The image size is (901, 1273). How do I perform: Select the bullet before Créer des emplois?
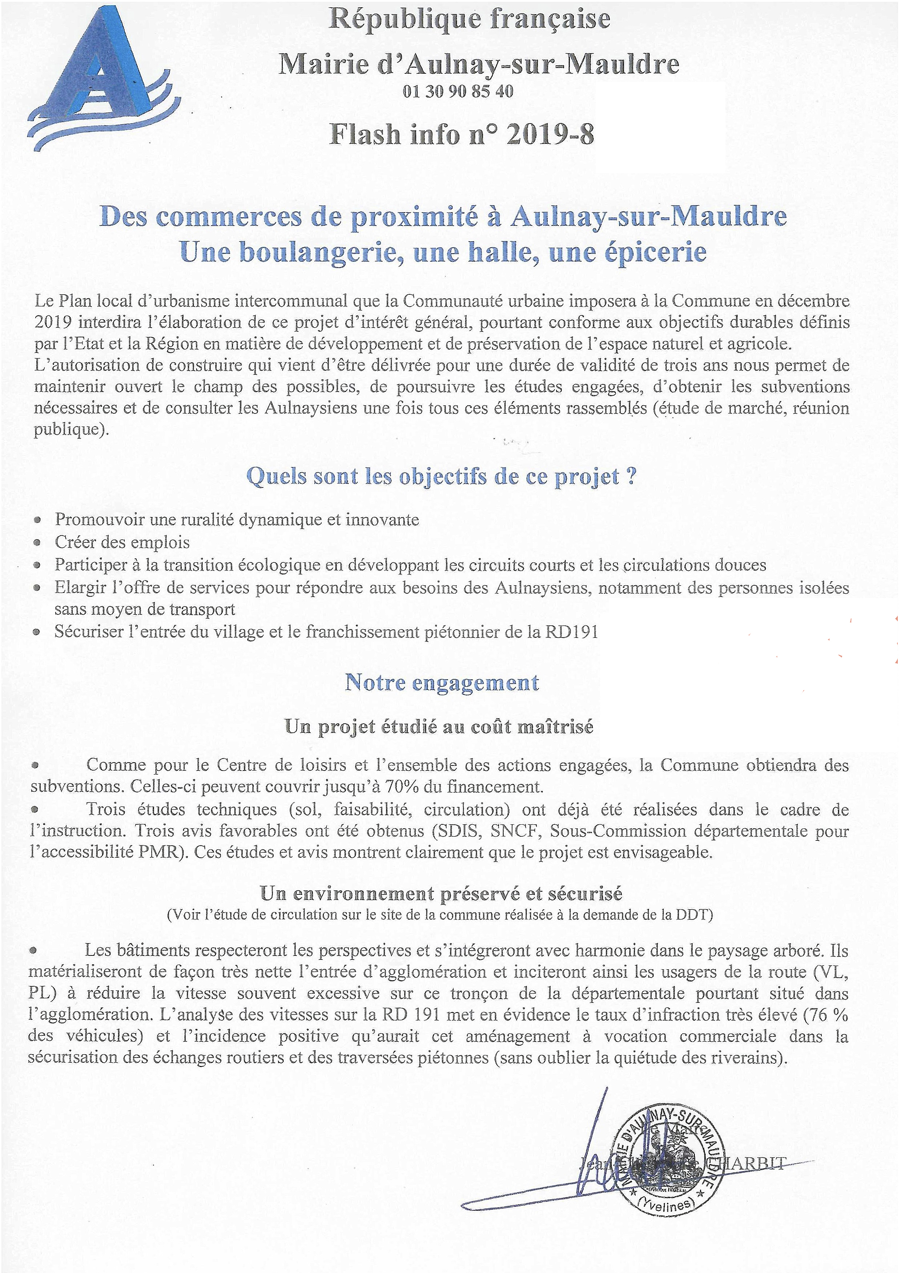tap(37, 543)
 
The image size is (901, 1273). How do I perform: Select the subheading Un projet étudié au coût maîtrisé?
tap(438, 726)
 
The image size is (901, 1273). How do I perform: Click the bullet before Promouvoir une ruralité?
tap(37, 520)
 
